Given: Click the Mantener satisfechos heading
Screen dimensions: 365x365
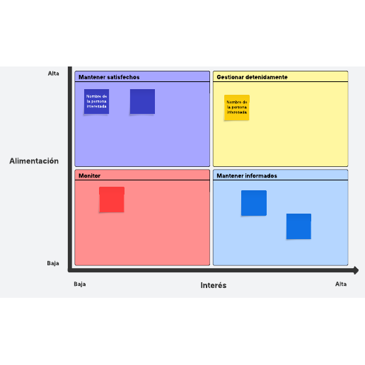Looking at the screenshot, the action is click(x=109, y=77).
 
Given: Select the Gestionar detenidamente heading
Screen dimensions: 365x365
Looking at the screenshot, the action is click(x=252, y=77).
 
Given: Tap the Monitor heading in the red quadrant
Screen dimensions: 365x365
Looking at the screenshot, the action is click(x=89, y=175).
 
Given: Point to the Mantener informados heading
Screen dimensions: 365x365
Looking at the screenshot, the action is click(x=247, y=175).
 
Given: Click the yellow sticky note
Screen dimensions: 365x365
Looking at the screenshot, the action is click(x=237, y=108).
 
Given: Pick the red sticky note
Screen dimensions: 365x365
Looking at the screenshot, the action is click(x=112, y=199).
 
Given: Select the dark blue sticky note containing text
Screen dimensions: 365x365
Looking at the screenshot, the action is click(x=96, y=101).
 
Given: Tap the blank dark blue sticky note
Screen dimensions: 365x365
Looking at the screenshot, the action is click(x=142, y=101).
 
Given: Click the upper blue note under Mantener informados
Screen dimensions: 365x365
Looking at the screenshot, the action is click(x=254, y=203).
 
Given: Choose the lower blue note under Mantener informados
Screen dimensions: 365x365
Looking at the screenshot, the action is click(x=299, y=226).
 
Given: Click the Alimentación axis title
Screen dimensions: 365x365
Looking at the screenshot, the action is click(x=34, y=161).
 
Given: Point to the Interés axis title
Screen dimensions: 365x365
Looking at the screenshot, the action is click(x=214, y=285).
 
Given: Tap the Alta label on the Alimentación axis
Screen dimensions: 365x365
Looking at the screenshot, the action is click(x=54, y=74).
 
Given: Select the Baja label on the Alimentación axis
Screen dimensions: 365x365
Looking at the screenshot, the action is click(x=53, y=263).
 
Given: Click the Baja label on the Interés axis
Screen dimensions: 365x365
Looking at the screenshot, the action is click(x=80, y=284).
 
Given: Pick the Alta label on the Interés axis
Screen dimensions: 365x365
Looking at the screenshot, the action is click(x=341, y=284).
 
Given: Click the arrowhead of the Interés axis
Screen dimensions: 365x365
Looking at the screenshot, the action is click(x=356, y=270).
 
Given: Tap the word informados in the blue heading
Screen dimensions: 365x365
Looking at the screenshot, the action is click(x=261, y=175).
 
